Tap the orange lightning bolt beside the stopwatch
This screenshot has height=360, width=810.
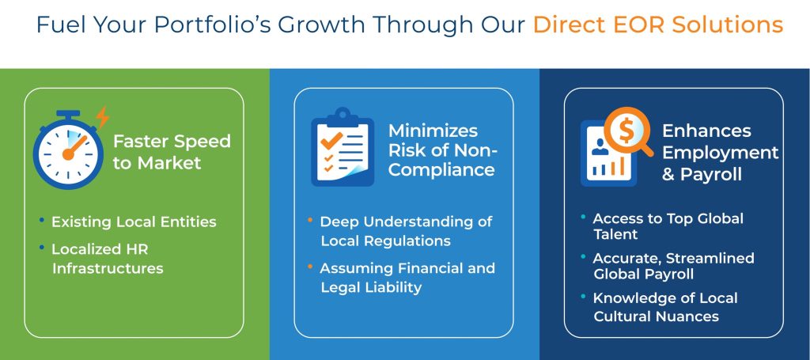pyautogui.click(x=102, y=117)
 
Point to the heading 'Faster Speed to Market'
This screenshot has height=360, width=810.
pyautogui.click(x=172, y=152)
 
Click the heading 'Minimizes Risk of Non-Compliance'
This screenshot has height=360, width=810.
pyautogui.click(x=441, y=150)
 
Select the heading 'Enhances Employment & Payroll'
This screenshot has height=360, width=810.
pyautogui.click(x=720, y=152)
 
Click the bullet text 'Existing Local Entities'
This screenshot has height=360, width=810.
pyautogui.click(x=134, y=222)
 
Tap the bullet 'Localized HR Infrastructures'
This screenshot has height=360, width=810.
pyautogui.click(x=107, y=259)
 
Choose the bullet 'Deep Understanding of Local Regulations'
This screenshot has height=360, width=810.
pyautogui.click(x=406, y=230)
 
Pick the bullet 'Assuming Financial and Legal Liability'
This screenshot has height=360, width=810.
pyautogui.click(x=407, y=278)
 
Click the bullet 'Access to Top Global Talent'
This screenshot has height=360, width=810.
pyautogui.click(x=668, y=226)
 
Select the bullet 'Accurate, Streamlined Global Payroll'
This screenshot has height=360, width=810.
pyautogui.click(x=673, y=266)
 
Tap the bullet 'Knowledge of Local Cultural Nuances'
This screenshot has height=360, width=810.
pyautogui.click(x=664, y=307)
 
